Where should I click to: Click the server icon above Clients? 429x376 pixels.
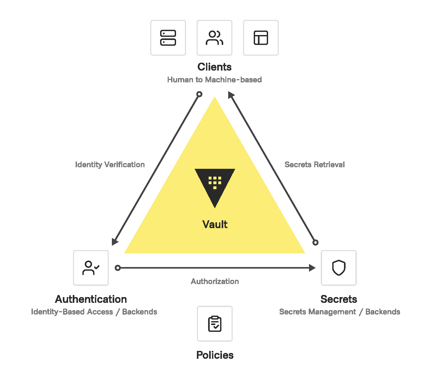[168, 38]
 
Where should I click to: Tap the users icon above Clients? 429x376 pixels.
[214, 38]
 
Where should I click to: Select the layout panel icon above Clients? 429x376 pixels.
[261, 38]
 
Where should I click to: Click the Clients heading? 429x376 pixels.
[214, 67]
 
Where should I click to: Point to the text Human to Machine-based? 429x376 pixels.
[214, 80]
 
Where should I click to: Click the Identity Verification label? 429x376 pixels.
[110, 165]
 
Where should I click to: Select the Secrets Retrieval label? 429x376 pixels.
[315, 165]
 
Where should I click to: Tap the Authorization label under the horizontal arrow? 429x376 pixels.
[215, 281]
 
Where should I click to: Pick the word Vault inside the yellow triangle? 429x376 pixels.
[215, 224]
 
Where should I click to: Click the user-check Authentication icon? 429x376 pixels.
[91, 268]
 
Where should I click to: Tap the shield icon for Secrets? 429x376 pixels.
[339, 268]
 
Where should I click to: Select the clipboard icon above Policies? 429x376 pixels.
[215, 324]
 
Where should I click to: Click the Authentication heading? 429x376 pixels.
[91, 299]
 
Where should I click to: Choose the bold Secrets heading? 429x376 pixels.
[339, 299]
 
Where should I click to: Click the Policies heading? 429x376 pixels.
[215, 355]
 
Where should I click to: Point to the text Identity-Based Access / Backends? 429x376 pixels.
[94, 312]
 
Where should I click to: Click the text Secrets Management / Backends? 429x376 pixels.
[340, 312]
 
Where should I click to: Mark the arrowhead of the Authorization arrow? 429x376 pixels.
[312, 268]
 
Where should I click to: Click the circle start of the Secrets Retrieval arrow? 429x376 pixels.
[315, 242]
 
